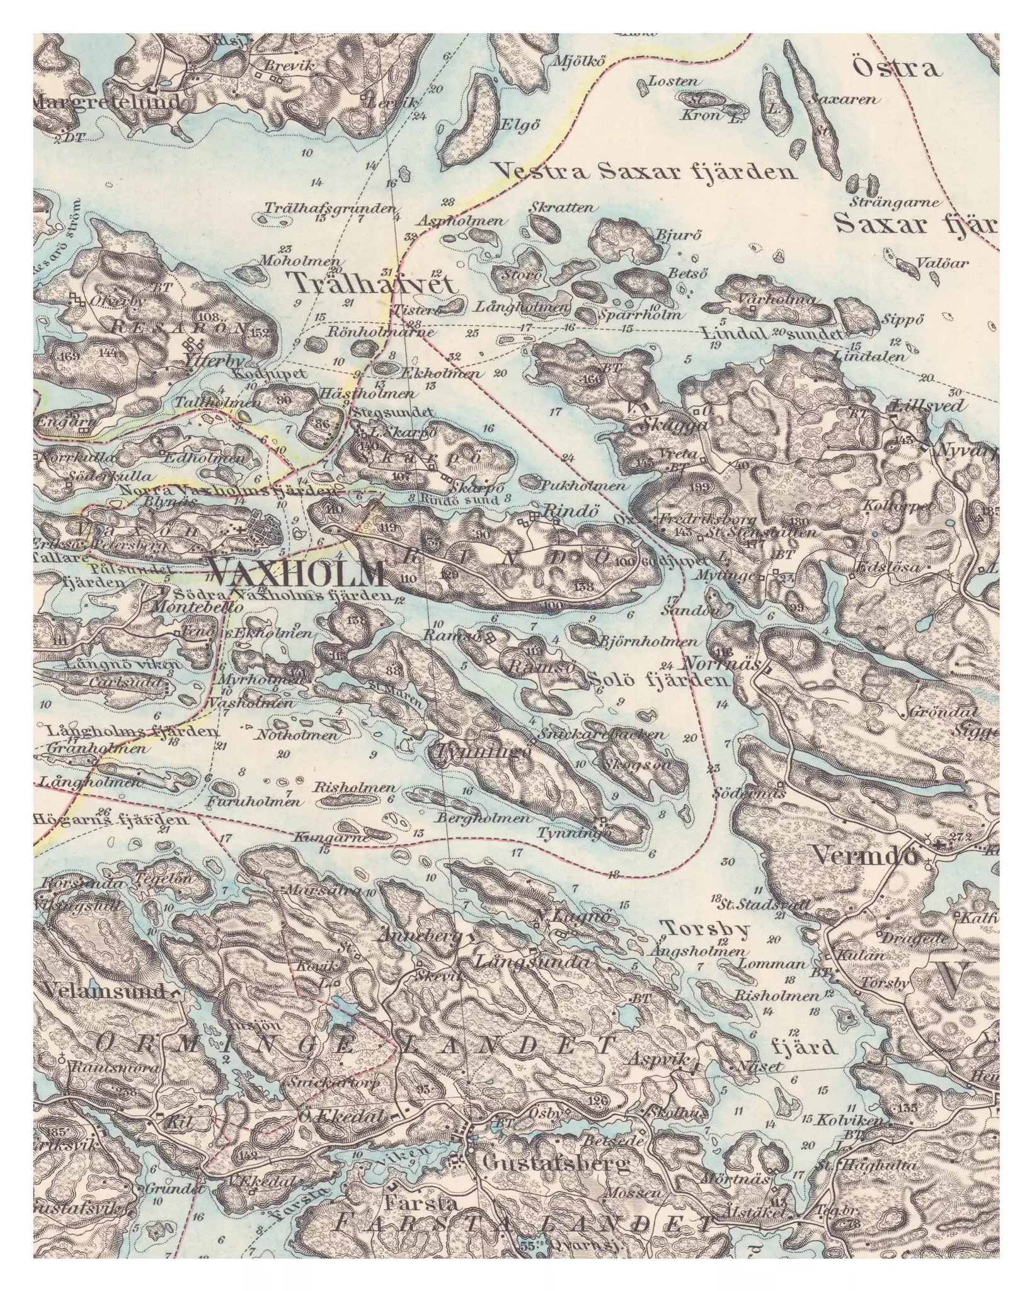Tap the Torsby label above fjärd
[704, 929]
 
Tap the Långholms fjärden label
[132, 732]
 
